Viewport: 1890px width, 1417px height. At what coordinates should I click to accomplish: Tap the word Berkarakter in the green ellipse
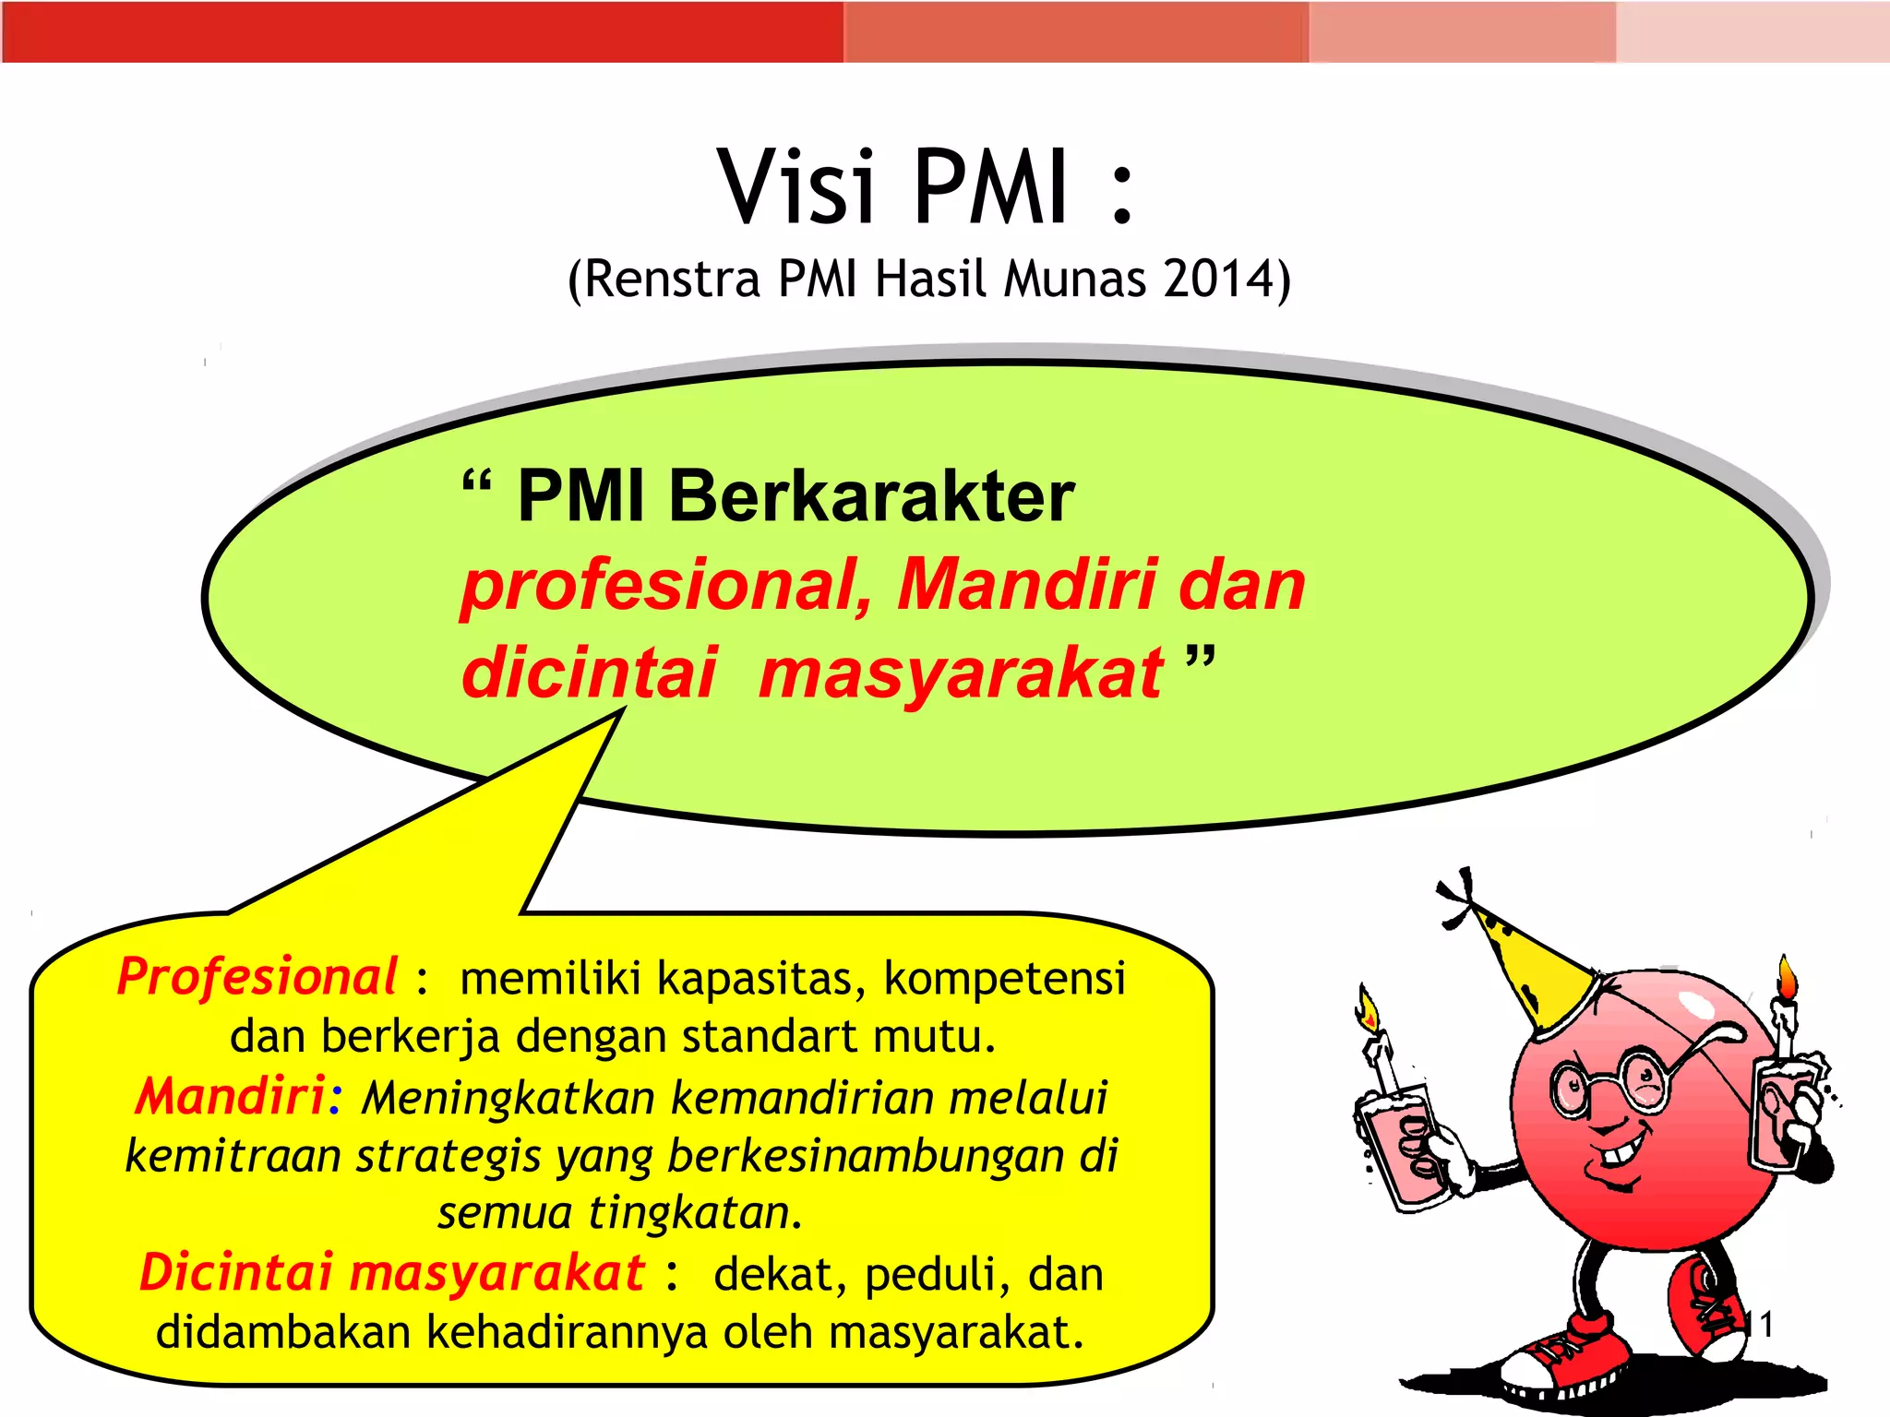click(x=871, y=497)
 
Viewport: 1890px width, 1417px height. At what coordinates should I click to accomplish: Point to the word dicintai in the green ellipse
click(x=590, y=673)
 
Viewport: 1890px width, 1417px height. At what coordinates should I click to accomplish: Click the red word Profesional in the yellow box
click(x=257, y=977)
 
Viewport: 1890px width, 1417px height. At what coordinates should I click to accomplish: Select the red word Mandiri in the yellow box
click(x=230, y=1096)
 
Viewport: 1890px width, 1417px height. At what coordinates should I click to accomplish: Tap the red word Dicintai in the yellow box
click(x=236, y=1272)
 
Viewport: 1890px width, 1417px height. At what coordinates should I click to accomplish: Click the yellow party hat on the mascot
click(x=1532, y=969)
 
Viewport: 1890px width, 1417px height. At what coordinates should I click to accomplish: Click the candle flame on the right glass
click(x=1788, y=979)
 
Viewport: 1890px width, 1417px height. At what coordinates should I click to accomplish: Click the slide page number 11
click(x=1758, y=1325)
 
